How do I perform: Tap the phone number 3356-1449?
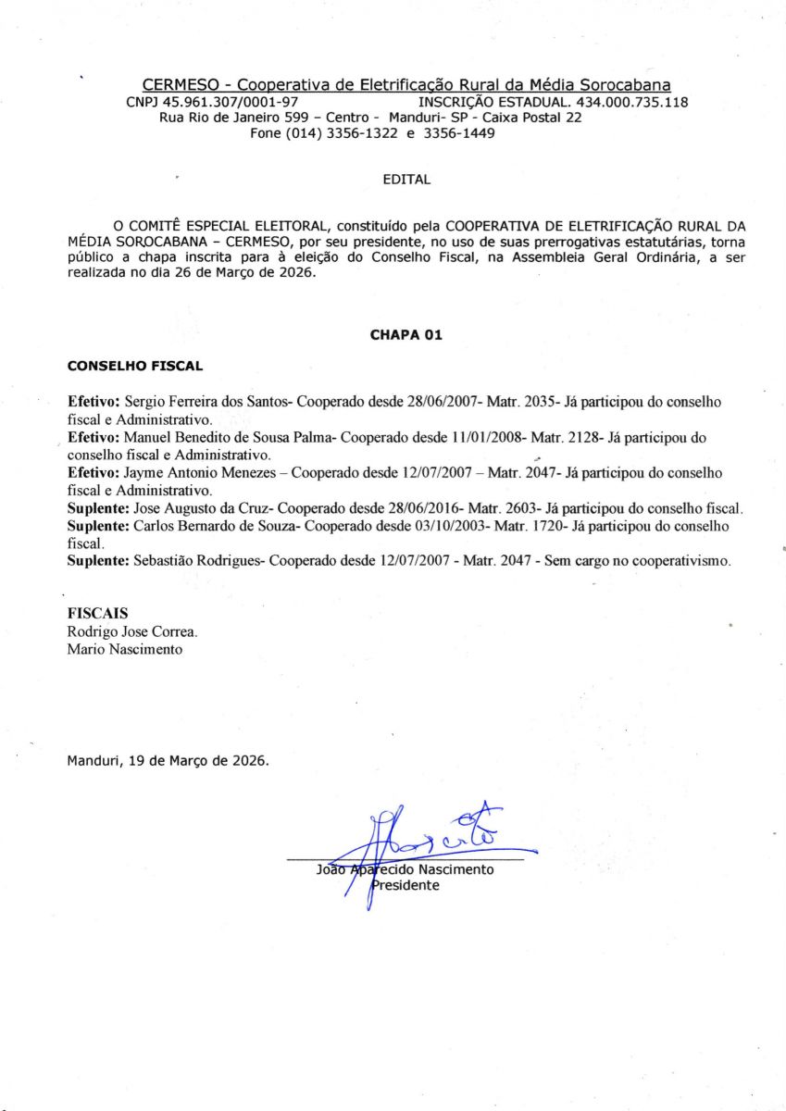pyautogui.click(x=459, y=133)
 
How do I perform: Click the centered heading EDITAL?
pyautogui.click(x=406, y=180)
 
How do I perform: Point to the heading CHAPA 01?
pyautogui.click(x=405, y=335)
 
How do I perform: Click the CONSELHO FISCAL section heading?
pyautogui.click(x=135, y=366)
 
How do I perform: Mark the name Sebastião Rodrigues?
pyautogui.click(x=199, y=561)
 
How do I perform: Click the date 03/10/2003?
pyautogui.click(x=495, y=526)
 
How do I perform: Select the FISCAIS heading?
pyautogui.click(x=97, y=614)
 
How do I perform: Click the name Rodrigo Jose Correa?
pyautogui.click(x=131, y=631)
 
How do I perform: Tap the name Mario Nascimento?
pyautogui.click(x=125, y=649)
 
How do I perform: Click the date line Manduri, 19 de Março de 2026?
pyautogui.click(x=168, y=761)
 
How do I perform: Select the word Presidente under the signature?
pyautogui.click(x=405, y=885)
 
